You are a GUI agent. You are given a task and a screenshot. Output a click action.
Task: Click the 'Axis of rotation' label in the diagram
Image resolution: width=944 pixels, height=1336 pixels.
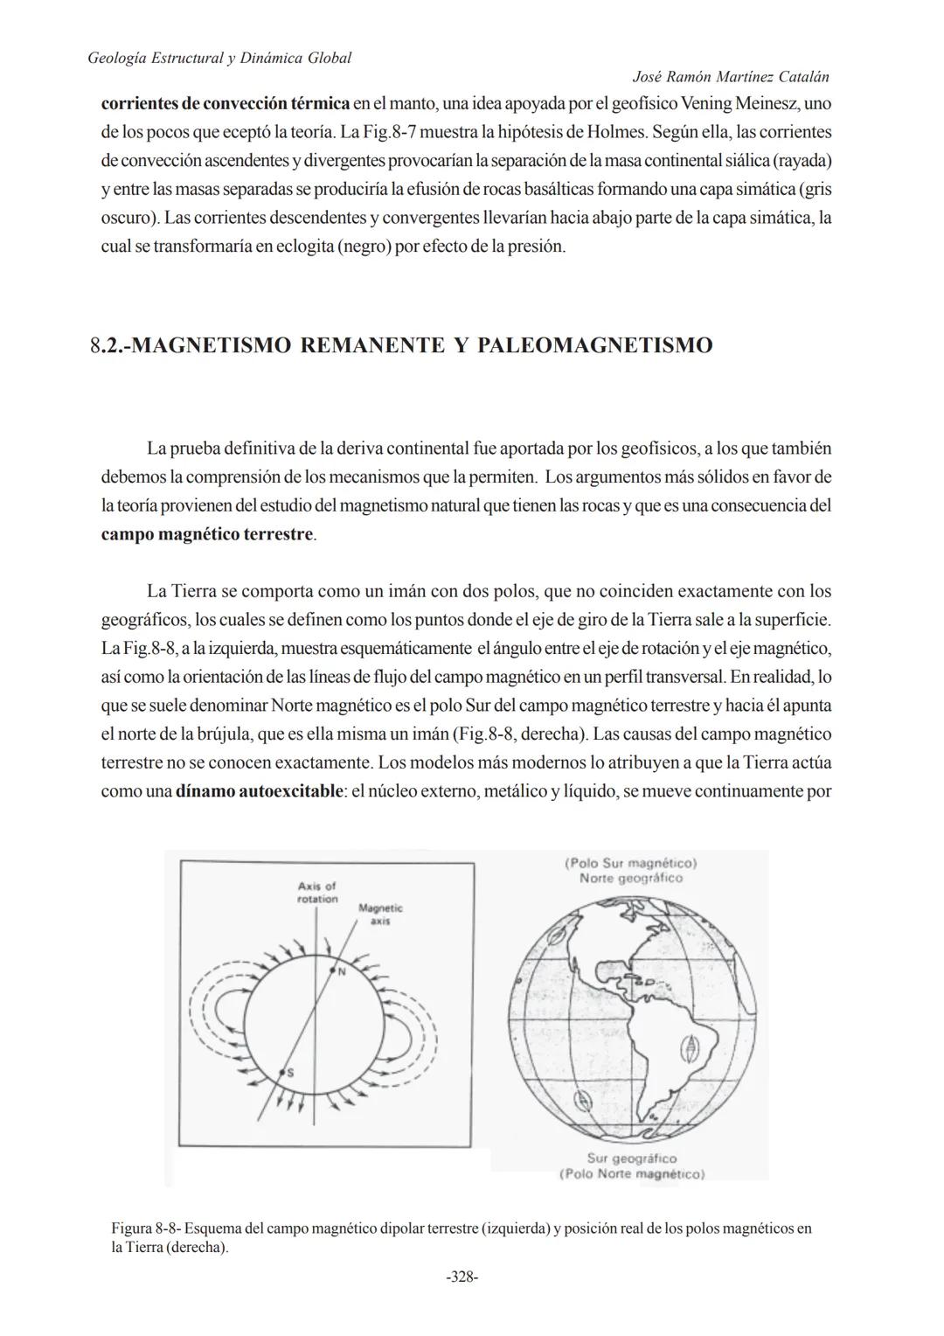pos(316,893)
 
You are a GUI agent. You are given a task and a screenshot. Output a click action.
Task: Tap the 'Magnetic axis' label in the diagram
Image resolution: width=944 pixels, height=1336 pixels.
pos(380,915)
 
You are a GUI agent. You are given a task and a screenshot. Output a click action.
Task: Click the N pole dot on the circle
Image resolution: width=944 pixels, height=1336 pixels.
pos(332,970)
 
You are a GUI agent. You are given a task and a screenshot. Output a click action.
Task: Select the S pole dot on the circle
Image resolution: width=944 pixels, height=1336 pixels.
pos(282,1071)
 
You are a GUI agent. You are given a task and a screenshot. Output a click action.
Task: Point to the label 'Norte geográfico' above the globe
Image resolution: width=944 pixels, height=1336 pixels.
pos(630,878)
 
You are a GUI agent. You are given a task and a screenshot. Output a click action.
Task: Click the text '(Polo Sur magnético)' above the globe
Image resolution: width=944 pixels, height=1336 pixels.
pos(630,863)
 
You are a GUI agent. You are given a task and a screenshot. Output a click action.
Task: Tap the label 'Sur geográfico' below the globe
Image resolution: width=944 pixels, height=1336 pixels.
pos(631,1159)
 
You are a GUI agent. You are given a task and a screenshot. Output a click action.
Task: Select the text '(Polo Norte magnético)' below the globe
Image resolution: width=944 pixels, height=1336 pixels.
pos(631,1173)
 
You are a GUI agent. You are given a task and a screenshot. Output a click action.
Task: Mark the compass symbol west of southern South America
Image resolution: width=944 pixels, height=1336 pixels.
pos(578,1099)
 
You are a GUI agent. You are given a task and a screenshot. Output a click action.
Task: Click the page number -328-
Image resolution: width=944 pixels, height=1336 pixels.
pos(462,1277)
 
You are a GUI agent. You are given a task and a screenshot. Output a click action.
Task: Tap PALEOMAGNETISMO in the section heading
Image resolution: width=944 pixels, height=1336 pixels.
pos(595,345)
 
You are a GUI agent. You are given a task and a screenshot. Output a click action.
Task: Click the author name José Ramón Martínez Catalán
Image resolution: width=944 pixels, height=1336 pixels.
pos(730,78)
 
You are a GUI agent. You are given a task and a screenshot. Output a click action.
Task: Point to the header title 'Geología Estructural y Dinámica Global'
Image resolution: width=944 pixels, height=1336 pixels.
pos(220,58)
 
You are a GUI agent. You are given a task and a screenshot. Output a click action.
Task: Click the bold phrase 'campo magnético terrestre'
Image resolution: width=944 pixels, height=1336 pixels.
pos(206,533)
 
